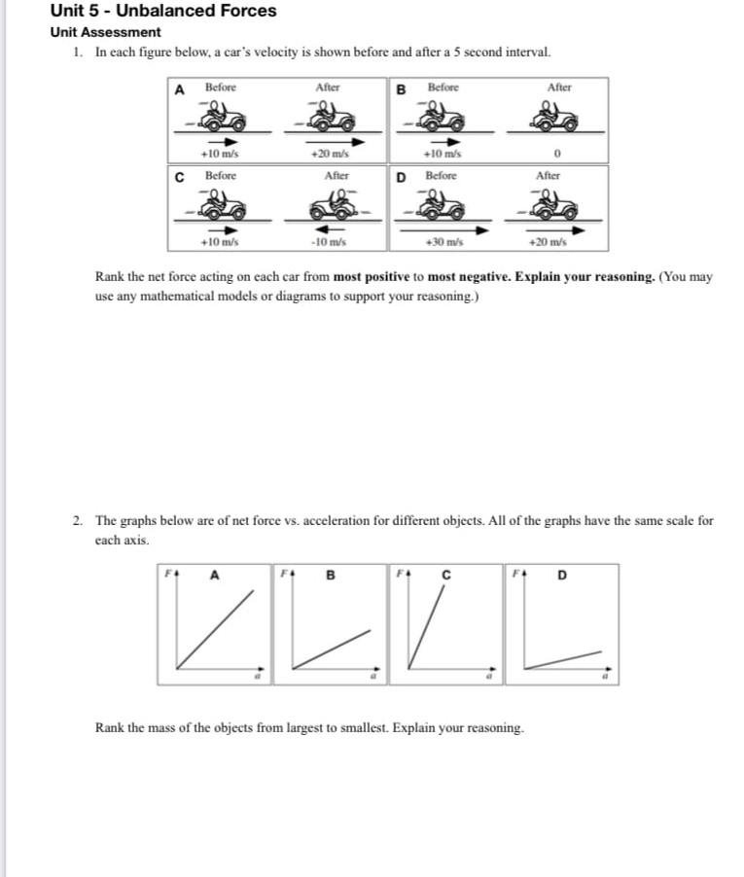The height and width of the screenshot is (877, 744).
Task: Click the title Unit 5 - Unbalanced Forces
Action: (163, 12)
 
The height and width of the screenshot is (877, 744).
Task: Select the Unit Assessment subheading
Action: (105, 32)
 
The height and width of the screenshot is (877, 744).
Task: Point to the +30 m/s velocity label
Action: (445, 241)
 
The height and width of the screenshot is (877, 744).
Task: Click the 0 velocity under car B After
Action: (558, 155)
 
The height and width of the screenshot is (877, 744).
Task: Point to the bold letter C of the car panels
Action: (179, 178)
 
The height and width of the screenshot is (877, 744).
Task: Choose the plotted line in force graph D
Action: (562, 658)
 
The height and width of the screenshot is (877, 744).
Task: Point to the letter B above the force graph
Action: (330, 575)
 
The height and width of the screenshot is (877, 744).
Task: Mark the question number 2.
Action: (77, 521)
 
